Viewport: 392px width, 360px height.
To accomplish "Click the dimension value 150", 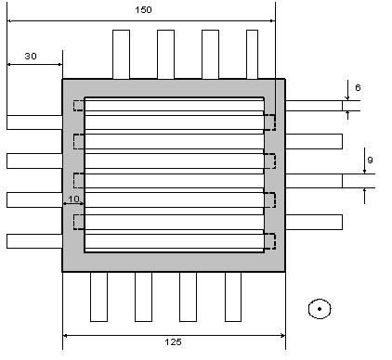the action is (143, 10).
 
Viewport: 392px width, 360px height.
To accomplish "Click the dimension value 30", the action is (31, 56).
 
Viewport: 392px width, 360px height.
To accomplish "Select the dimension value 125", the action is (173, 341).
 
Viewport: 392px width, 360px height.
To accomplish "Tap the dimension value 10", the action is (73, 199).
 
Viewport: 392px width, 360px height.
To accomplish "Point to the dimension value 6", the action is (358, 87).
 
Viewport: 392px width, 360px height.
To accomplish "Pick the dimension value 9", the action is (370, 160).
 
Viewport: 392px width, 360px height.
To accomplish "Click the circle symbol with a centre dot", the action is (320, 309).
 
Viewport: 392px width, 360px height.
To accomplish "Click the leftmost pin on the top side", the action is (121, 55).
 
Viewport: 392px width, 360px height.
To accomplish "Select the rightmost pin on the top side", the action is (252, 55).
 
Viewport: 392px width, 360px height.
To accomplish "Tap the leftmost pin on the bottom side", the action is (98, 297).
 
